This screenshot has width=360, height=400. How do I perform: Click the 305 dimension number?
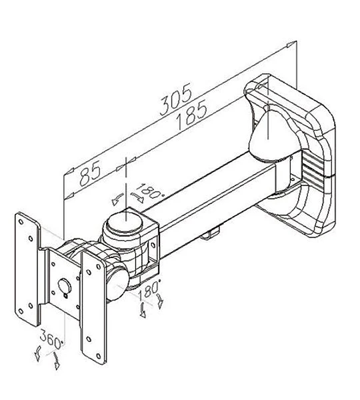click(x=176, y=99)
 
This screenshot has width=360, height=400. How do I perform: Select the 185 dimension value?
click(x=192, y=115)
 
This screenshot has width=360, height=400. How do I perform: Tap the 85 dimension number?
click(x=90, y=174)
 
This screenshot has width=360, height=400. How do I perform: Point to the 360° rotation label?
click(x=52, y=339)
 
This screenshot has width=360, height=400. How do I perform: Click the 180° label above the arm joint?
click(x=149, y=191)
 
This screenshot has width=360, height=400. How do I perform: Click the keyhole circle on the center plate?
click(x=65, y=286)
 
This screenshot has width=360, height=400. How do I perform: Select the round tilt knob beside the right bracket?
click(x=117, y=284)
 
